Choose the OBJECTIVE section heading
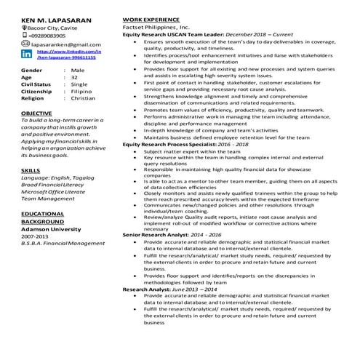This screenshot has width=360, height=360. click(36, 113)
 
